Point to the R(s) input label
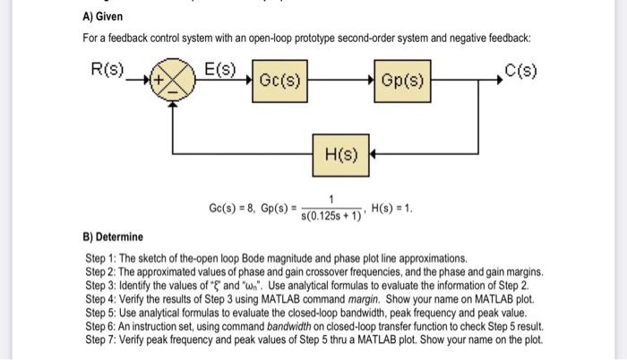[x=109, y=68]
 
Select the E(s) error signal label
[x=219, y=68]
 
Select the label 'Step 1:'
[x=100, y=257]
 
